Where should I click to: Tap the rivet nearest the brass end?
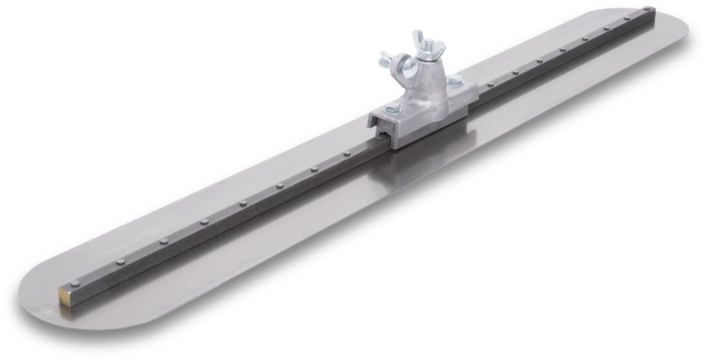(74, 283)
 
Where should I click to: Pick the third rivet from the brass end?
(163, 241)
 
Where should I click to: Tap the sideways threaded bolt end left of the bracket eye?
(384, 62)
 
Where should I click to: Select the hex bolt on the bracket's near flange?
(391, 109)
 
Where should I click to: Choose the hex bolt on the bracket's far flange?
(455, 80)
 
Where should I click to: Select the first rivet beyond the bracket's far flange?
(490, 84)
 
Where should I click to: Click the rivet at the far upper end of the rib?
(648, 9)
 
